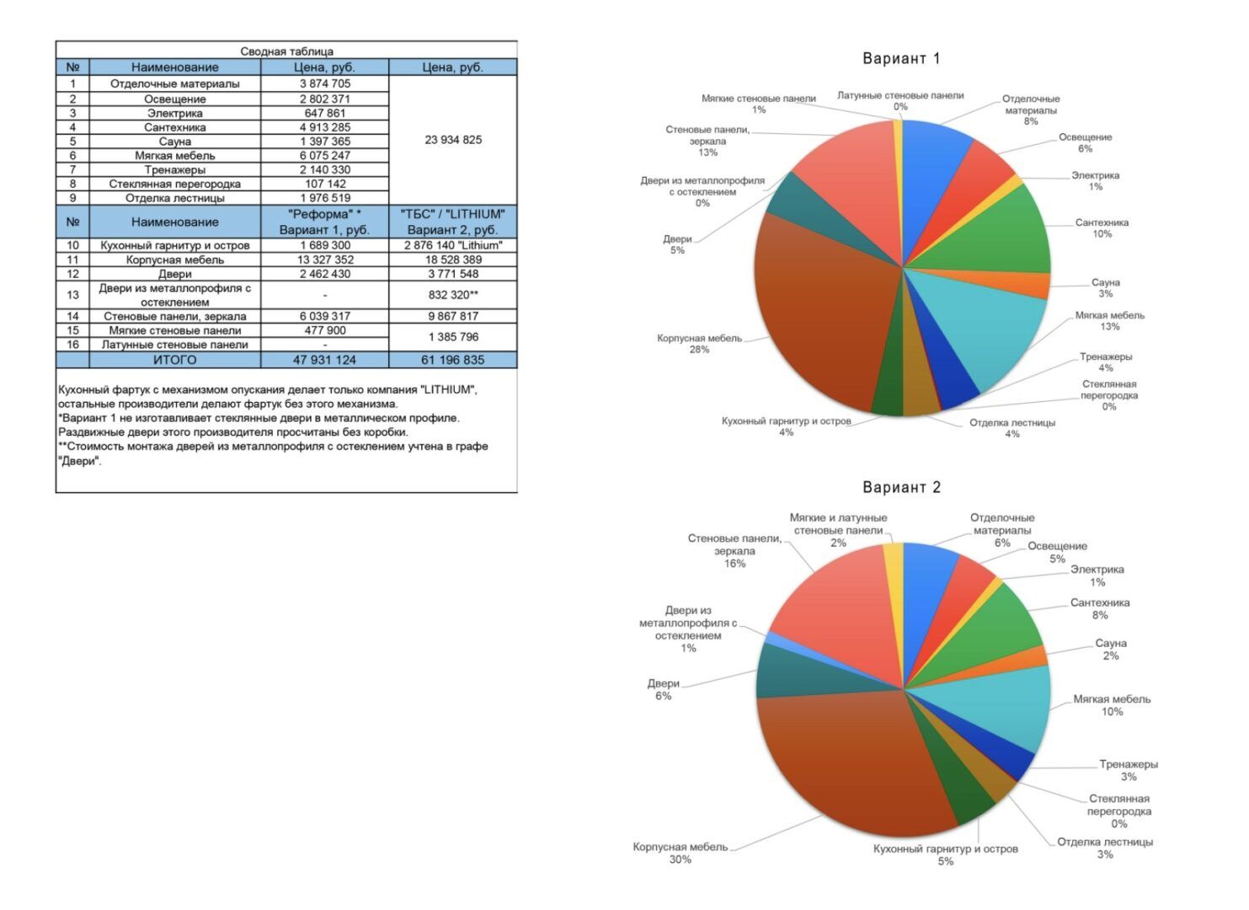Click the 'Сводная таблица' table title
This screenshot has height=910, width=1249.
pos(286,51)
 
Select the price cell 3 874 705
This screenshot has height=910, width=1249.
pos(325,83)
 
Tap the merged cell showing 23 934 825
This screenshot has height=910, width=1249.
pos(453,140)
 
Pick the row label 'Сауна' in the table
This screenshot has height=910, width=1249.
pos(174,142)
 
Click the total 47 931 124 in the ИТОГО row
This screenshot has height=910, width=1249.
pos(324,360)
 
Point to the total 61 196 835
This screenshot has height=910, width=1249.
pos(453,360)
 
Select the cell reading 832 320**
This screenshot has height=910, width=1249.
pos(453,295)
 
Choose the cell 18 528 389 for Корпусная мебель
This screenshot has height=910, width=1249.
pos(453,260)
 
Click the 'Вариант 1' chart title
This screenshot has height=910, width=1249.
pos(901,58)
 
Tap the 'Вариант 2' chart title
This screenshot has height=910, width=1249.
pos(901,487)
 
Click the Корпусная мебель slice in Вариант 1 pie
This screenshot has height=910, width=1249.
pos(825,313)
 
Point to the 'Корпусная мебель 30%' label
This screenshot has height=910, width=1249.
pos(681,853)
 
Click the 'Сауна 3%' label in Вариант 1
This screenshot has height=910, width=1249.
pos(1105,288)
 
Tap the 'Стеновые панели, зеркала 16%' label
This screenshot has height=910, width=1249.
pos(734,551)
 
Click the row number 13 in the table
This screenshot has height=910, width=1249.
pos(72,295)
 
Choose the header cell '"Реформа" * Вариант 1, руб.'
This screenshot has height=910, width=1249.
pos(324,222)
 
